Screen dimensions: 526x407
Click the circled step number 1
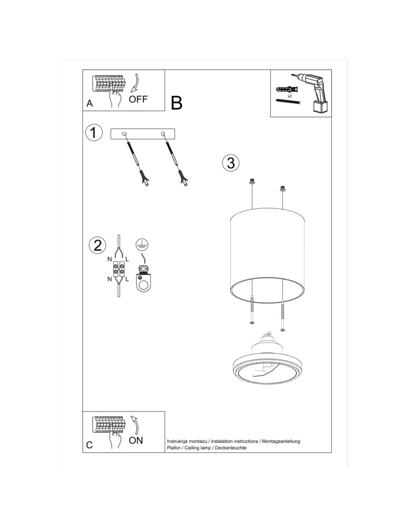(x=94, y=133)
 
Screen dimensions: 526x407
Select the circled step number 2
(x=97, y=245)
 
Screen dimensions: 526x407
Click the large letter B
(x=177, y=103)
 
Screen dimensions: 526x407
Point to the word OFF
(x=138, y=99)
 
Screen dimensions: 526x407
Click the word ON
(x=136, y=441)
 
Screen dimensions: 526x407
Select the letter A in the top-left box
(x=90, y=104)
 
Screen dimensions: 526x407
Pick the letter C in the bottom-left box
(x=89, y=445)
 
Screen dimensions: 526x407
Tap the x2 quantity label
(x=289, y=96)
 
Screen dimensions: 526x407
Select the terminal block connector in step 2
(x=118, y=269)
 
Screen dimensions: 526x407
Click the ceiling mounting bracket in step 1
(x=143, y=134)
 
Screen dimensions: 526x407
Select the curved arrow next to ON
(x=135, y=424)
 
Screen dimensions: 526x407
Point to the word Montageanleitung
(x=281, y=441)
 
